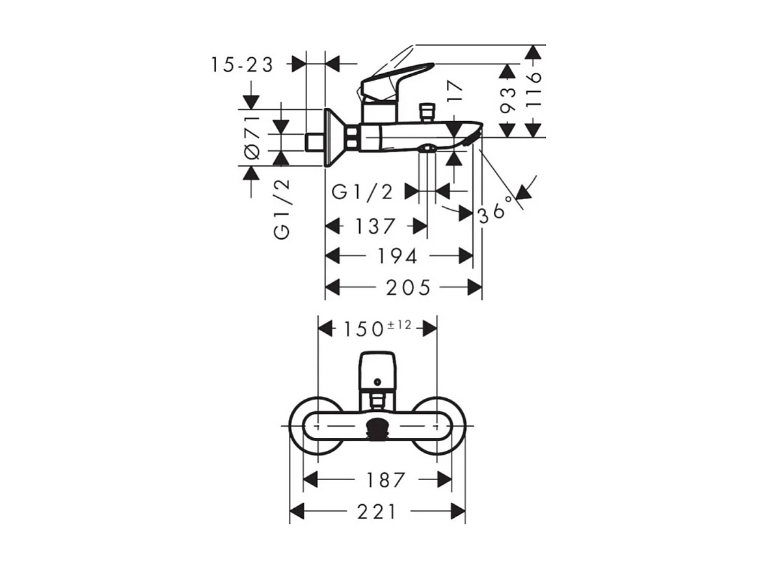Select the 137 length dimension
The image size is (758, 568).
(x=375, y=226)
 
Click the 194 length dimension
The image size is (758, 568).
(x=397, y=256)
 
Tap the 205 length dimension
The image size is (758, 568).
(x=408, y=287)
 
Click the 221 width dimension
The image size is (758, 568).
(x=377, y=512)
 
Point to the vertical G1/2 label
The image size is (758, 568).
(x=282, y=210)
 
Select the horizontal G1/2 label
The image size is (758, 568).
(x=363, y=192)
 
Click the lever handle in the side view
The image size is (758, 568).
(x=397, y=77)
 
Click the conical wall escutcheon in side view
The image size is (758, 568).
(x=334, y=137)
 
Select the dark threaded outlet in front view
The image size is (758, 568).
(x=377, y=427)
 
